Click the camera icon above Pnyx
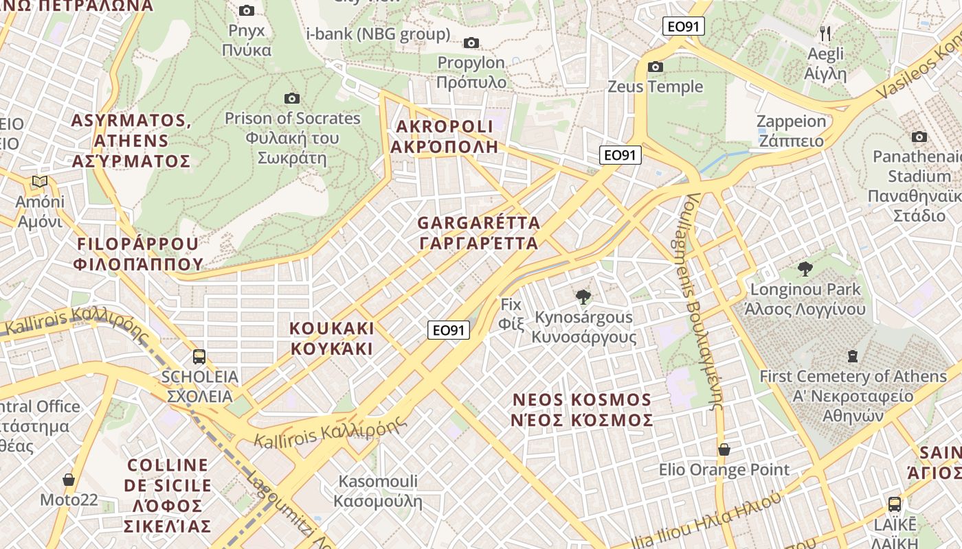click(x=247, y=10)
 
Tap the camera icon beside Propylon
click(x=471, y=43)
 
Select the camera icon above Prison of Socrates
click(x=292, y=98)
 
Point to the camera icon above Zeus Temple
click(x=656, y=67)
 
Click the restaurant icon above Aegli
click(x=826, y=33)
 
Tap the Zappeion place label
click(x=791, y=131)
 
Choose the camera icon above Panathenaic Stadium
click(x=919, y=137)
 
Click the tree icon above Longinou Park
click(x=805, y=269)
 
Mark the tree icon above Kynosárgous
click(x=583, y=297)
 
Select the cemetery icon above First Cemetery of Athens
click(x=853, y=355)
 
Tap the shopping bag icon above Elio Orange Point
click(x=724, y=449)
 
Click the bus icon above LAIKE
click(x=895, y=504)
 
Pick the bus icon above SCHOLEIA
click(x=199, y=356)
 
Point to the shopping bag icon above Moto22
click(x=69, y=479)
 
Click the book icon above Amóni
click(x=40, y=182)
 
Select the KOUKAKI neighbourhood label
click(x=332, y=338)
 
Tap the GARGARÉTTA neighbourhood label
click(x=478, y=233)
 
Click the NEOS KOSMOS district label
click(x=581, y=410)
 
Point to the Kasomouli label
click(x=378, y=490)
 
